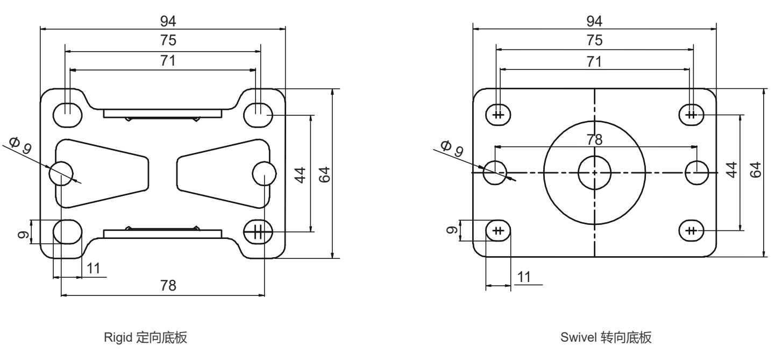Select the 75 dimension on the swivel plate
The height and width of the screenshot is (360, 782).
[x=594, y=40]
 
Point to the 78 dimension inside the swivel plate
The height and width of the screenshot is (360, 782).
[x=594, y=138]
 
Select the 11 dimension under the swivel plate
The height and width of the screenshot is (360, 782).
[x=523, y=277]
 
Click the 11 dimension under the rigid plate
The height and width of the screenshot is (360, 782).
[x=94, y=269]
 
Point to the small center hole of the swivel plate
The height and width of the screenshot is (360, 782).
[x=594, y=173]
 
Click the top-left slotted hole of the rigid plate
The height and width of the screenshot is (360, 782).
[x=68, y=114]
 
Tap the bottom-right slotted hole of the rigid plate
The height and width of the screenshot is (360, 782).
[x=258, y=232]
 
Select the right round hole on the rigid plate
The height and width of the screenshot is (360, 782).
[x=264, y=173]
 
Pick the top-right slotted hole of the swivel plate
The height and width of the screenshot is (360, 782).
[x=692, y=114]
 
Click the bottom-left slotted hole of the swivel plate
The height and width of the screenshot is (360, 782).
[x=499, y=231]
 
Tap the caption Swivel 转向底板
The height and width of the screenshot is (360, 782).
[x=606, y=338]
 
